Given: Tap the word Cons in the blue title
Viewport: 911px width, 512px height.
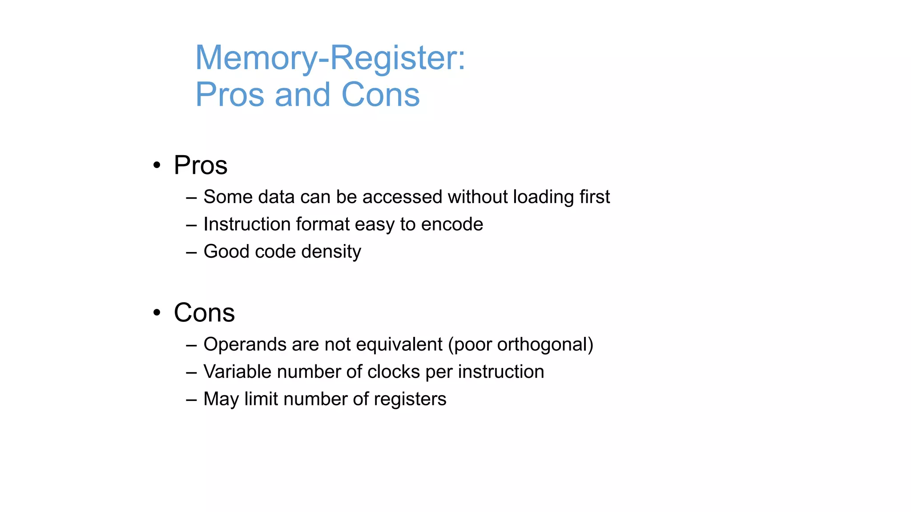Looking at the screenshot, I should (x=380, y=95).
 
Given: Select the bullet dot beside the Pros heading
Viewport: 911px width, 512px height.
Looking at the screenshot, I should (x=157, y=165).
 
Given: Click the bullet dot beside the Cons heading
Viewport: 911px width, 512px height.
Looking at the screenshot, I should (x=157, y=312).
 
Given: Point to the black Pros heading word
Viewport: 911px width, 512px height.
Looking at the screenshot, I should (x=201, y=165).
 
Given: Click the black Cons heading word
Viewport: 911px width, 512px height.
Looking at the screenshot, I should (x=204, y=312).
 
